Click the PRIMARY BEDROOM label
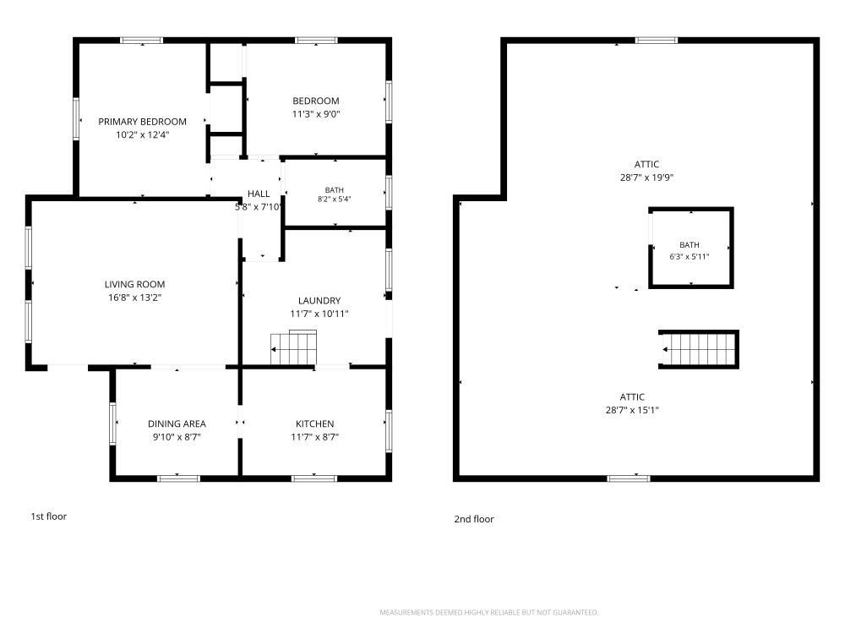142,122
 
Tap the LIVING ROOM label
134,284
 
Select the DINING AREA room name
177,424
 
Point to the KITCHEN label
314,424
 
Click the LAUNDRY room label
319,300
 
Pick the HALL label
259,194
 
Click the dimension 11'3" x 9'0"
316,114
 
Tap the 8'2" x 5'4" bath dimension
334,199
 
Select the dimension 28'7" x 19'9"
646,178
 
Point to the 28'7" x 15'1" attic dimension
632,410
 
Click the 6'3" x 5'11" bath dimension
690,257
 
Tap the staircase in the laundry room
293,347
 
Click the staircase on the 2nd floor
699,349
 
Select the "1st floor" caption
48,516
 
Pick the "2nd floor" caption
474,519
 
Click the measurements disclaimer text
488,612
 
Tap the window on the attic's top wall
657,40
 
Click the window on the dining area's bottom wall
179,478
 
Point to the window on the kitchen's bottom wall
314,478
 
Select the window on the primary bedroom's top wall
142,40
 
